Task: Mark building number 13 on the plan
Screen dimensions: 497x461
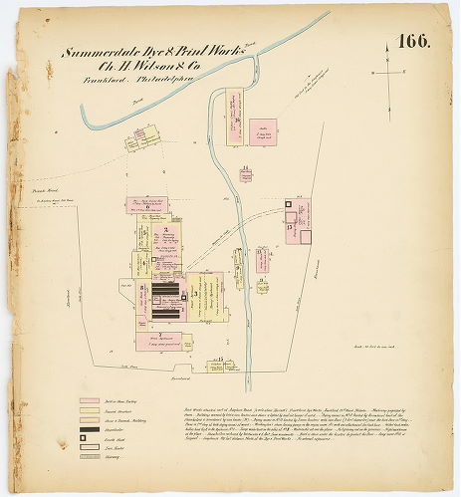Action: tap(290, 227)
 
